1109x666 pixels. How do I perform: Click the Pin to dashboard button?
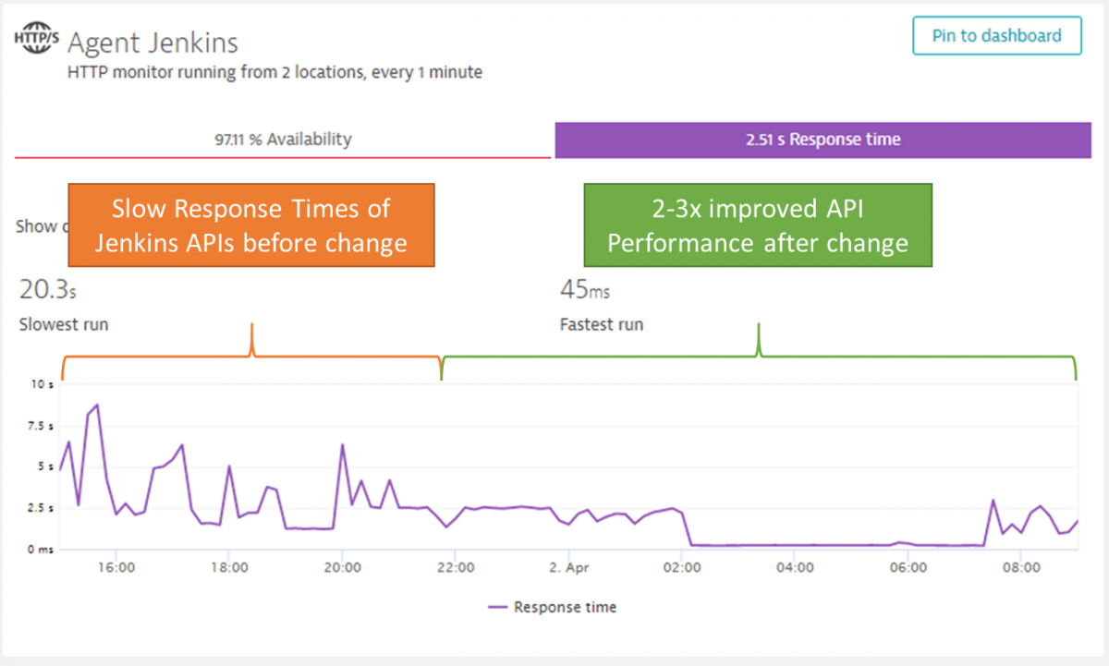[996, 37]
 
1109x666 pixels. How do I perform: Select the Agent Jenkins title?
[152, 42]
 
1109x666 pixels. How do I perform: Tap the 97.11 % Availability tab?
[283, 140]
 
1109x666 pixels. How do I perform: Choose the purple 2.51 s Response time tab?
[823, 140]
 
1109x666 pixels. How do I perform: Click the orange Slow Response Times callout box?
[250, 226]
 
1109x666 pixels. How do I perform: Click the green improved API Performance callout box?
[758, 226]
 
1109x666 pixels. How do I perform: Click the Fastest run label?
[601, 325]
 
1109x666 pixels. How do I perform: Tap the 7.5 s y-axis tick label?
[41, 426]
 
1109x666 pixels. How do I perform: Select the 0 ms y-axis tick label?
[41, 550]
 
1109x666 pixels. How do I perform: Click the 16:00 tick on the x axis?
[116, 567]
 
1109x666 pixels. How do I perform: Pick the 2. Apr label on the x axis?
[569, 567]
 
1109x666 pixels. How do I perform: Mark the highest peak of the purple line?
[97, 405]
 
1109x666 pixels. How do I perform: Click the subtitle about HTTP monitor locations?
[274, 72]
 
